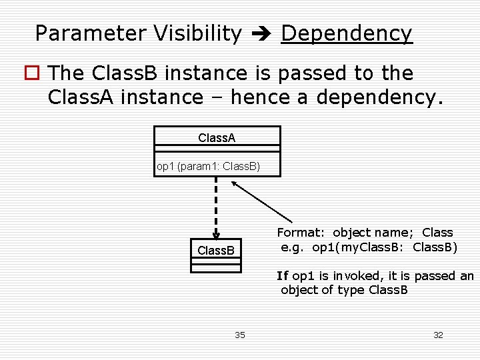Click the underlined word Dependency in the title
pos(347,33)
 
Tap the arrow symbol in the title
pos(261,33)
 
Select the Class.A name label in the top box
pos(217,138)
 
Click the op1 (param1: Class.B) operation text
pos(208,166)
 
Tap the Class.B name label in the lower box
pos(216,251)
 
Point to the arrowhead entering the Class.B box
pos(216,234)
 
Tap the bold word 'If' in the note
pos(283,275)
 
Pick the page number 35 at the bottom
pos(240,335)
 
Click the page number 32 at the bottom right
pos(438,335)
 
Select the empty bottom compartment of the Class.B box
pos(216,268)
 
